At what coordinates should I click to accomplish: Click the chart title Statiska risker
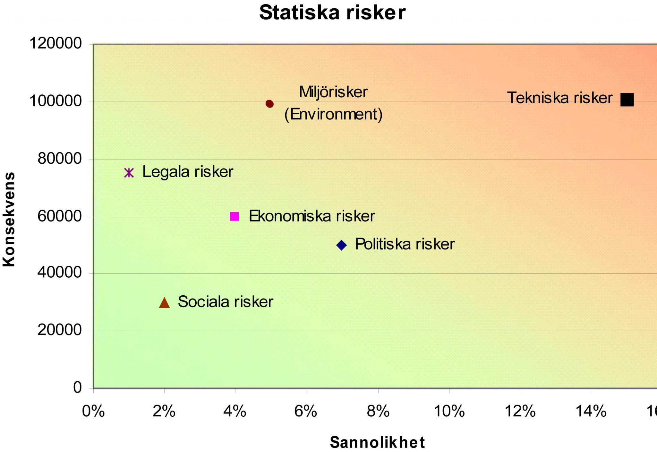click(332, 13)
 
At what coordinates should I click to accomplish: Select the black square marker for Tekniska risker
click(627, 100)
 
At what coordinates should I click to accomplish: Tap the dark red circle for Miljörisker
click(269, 104)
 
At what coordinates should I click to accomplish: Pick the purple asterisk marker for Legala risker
click(129, 173)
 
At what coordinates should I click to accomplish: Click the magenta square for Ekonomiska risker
click(235, 216)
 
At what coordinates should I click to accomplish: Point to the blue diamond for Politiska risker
click(342, 245)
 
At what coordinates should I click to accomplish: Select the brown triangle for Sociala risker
click(164, 303)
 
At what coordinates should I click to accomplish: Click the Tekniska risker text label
click(559, 98)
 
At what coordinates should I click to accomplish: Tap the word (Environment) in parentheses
click(333, 114)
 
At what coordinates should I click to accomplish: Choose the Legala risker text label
click(188, 172)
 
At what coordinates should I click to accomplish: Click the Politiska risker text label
click(405, 244)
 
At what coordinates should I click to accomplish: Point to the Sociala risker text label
click(225, 302)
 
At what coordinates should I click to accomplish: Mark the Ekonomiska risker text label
click(311, 216)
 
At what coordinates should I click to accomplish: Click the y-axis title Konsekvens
click(9, 219)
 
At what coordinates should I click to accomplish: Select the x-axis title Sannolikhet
click(377, 442)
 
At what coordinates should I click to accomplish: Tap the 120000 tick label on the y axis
click(55, 43)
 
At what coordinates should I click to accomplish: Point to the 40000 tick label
click(60, 273)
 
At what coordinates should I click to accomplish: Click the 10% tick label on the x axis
click(449, 411)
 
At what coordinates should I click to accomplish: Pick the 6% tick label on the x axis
click(306, 411)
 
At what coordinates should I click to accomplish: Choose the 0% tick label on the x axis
click(93, 411)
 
